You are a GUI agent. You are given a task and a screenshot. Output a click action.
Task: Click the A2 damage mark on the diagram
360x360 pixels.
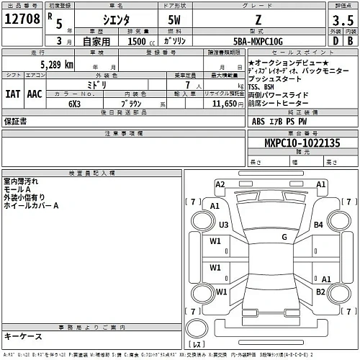pos(220,185)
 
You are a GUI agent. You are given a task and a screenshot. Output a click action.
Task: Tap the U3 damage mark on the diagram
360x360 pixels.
pos(224,225)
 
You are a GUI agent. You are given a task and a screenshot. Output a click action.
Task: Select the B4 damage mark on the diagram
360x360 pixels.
pos(318,225)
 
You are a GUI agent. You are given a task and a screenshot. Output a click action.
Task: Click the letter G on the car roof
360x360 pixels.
pos(284,237)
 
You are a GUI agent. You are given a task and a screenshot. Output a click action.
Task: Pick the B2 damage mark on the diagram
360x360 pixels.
pos(321,291)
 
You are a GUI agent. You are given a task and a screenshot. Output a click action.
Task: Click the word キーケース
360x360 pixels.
pos(23,336)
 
